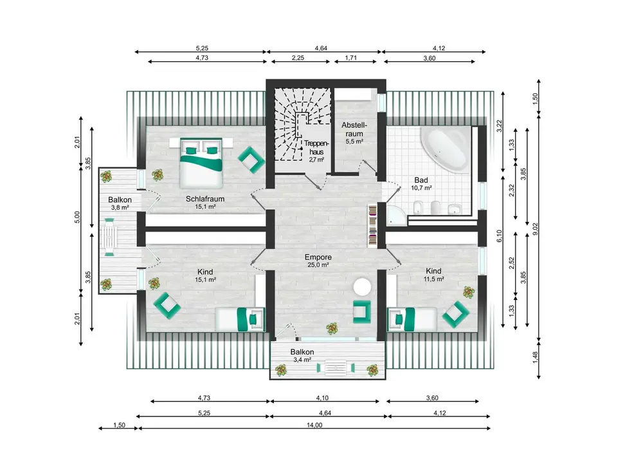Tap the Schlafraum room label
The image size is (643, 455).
[x=205, y=199]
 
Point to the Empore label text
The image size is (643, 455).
[x=318, y=257]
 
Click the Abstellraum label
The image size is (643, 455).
[x=354, y=129]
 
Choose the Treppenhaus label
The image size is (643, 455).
[x=316, y=148]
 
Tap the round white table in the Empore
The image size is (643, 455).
[x=363, y=287]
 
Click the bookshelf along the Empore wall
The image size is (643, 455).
[x=372, y=225]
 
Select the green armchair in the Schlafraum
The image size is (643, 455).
[x=251, y=159]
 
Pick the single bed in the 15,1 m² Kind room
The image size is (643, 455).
[x=240, y=319]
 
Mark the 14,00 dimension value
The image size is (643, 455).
[x=314, y=425]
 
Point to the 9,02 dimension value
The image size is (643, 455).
[x=535, y=228]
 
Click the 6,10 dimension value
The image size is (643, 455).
[x=499, y=236]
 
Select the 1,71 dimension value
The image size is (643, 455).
[x=351, y=58]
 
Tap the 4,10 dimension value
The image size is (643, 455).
[x=322, y=398]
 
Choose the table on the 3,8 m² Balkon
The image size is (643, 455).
[x=109, y=237]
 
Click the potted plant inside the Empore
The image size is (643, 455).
[x=332, y=328]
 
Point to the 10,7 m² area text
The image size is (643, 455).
[x=421, y=188]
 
